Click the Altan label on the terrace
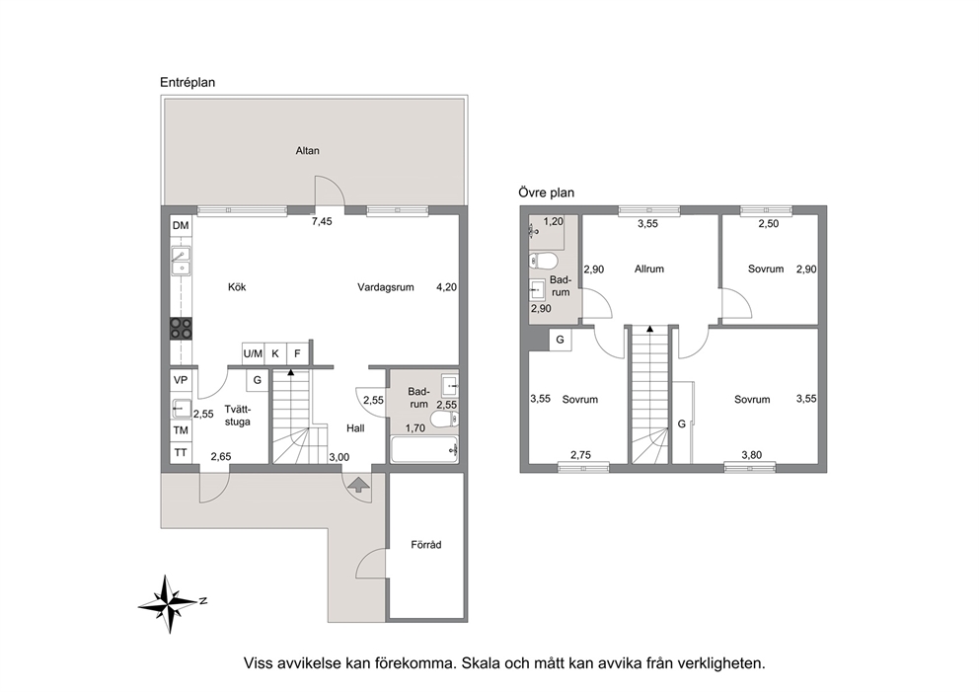tap(307, 150)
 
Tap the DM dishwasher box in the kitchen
tap(181, 226)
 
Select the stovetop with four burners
tap(181, 329)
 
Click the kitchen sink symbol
tap(181, 262)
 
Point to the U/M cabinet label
tap(253, 353)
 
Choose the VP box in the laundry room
tap(181, 380)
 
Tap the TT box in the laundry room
tap(181, 453)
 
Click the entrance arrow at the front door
tap(358, 485)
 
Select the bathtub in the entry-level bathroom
tap(424, 450)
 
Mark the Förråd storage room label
tap(425, 545)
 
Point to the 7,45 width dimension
tap(322, 221)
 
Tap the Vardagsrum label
tap(386, 287)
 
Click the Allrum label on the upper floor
tap(648, 269)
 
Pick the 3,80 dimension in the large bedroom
tap(752, 455)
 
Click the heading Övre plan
tap(547, 192)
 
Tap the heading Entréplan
tap(188, 83)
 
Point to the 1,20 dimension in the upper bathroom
tap(554, 221)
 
